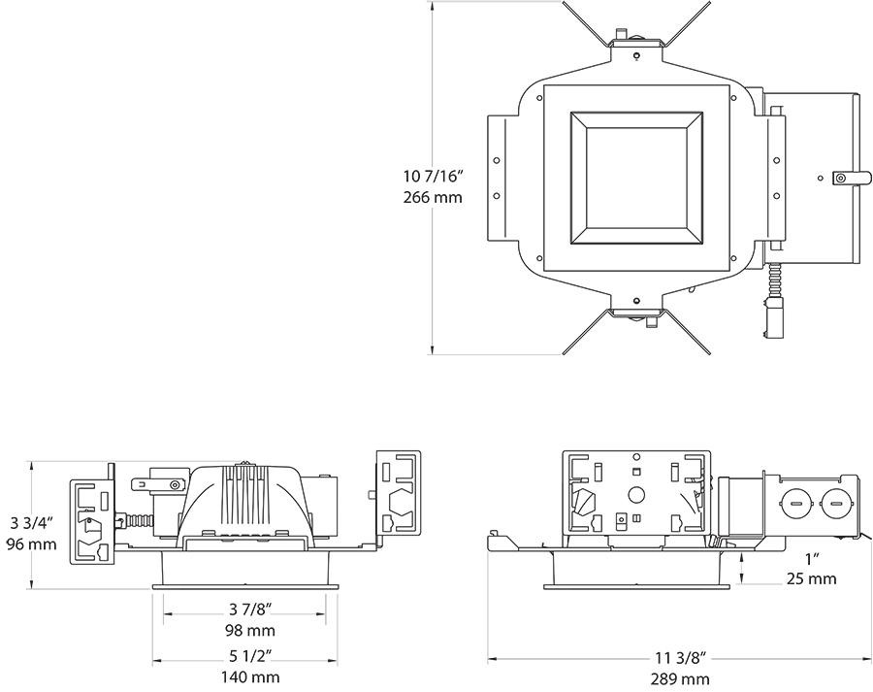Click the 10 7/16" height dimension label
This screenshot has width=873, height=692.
(x=434, y=177)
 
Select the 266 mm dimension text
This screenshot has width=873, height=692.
(x=434, y=197)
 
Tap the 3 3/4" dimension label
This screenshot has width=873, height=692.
(x=31, y=523)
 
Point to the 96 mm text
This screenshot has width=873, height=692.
(x=31, y=544)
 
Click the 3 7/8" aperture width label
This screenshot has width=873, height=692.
(x=250, y=610)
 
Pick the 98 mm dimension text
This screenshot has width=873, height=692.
(x=250, y=630)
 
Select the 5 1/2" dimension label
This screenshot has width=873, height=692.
(x=250, y=657)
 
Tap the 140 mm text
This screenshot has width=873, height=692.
(x=250, y=677)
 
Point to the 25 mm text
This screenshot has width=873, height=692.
(x=811, y=579)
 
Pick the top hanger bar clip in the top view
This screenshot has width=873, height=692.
(x=634, y=42)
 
